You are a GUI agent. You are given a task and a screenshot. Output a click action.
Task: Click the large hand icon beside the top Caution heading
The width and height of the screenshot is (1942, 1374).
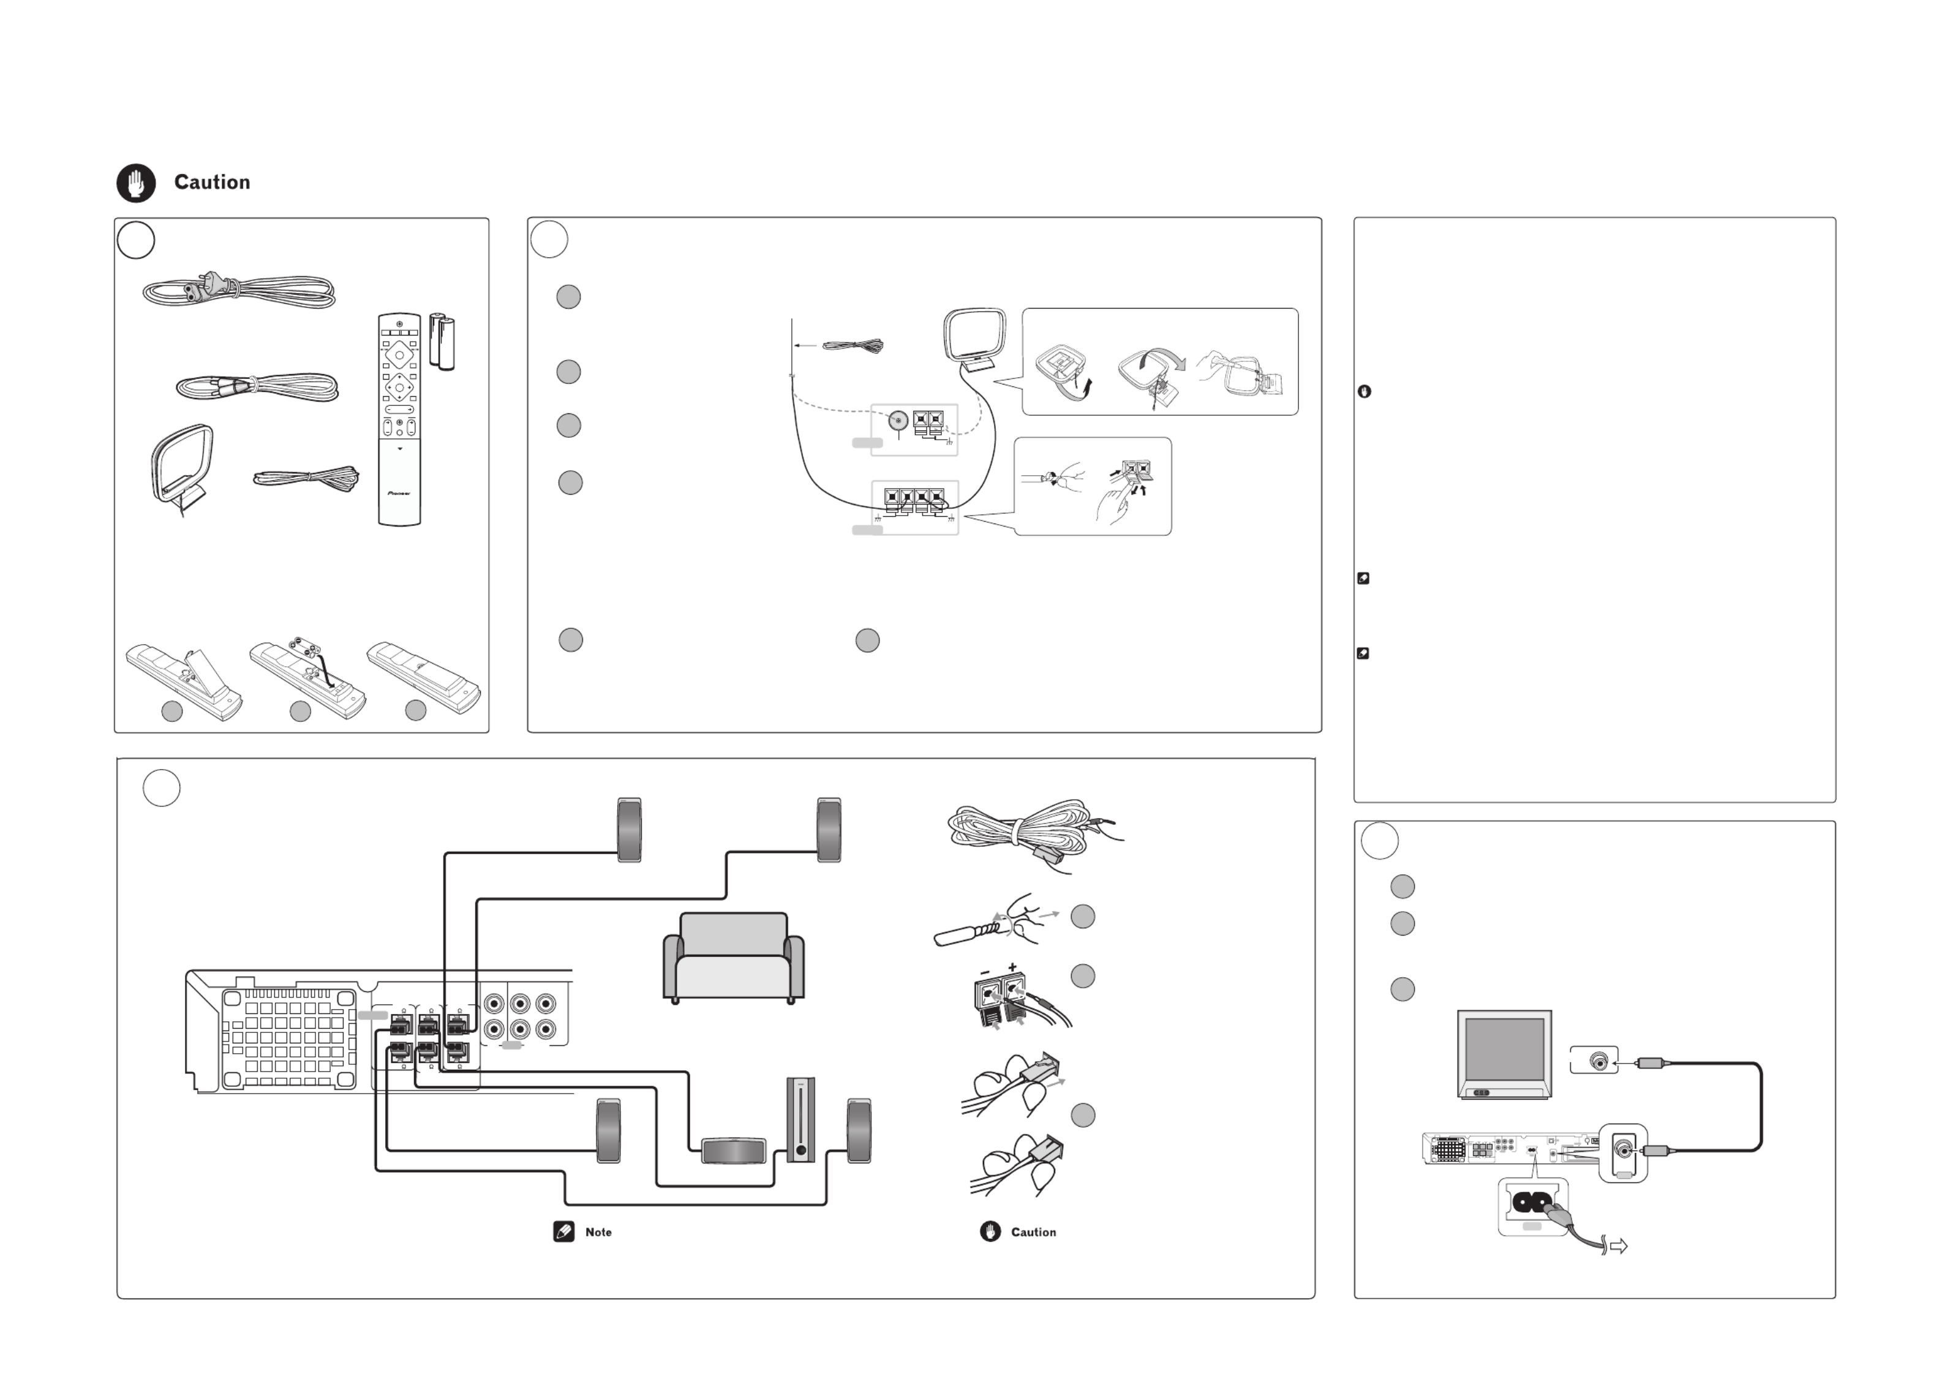[x=136, y=182]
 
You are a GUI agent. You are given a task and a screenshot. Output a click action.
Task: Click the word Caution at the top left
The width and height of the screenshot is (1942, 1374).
[x=213, y=182]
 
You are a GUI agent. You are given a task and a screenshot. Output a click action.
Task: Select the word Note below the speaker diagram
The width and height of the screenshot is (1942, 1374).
[x=598, y=1232]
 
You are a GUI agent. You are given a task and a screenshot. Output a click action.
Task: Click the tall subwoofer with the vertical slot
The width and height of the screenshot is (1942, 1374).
[x=800, y=1119]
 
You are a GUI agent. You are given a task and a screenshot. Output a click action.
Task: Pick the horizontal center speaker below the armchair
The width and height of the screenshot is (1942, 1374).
[x=734, y=1151]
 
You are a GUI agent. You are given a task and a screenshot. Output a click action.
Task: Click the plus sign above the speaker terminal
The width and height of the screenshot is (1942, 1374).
[x=1012, y=966]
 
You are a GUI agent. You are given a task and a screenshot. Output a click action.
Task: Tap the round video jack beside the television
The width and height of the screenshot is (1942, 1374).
[x=1599, y=1060]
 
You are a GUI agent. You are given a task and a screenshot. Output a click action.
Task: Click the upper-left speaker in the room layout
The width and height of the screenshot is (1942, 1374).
[x=630, y=830]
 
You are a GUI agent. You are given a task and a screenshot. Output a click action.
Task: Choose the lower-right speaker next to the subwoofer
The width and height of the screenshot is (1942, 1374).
[x=859, y=1131]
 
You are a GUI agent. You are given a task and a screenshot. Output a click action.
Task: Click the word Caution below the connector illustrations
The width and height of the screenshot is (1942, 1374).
[x=1033, y=1232]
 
